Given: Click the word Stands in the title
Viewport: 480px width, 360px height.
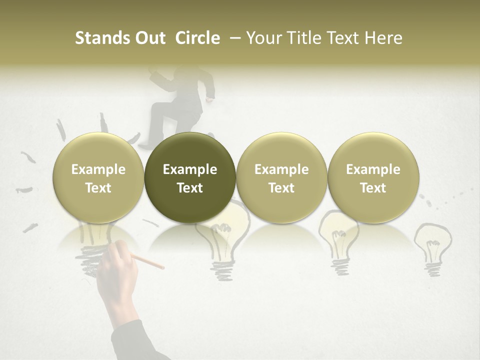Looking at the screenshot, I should [x=98, y=38].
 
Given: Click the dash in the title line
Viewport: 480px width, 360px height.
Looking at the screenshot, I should [x=233, y=38].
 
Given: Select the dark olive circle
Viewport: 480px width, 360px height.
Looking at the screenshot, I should [x=190, y=178].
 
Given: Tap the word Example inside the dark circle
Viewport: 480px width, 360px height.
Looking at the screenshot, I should [x=190, y=169].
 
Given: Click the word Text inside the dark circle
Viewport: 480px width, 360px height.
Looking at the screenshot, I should [x=190, y=188].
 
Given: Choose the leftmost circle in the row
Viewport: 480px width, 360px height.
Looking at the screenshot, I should [x=98, y=178].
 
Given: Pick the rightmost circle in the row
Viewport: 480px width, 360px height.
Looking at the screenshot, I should [x=373, y=178].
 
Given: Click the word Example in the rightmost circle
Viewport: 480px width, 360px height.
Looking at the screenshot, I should [x=373, y=169].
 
